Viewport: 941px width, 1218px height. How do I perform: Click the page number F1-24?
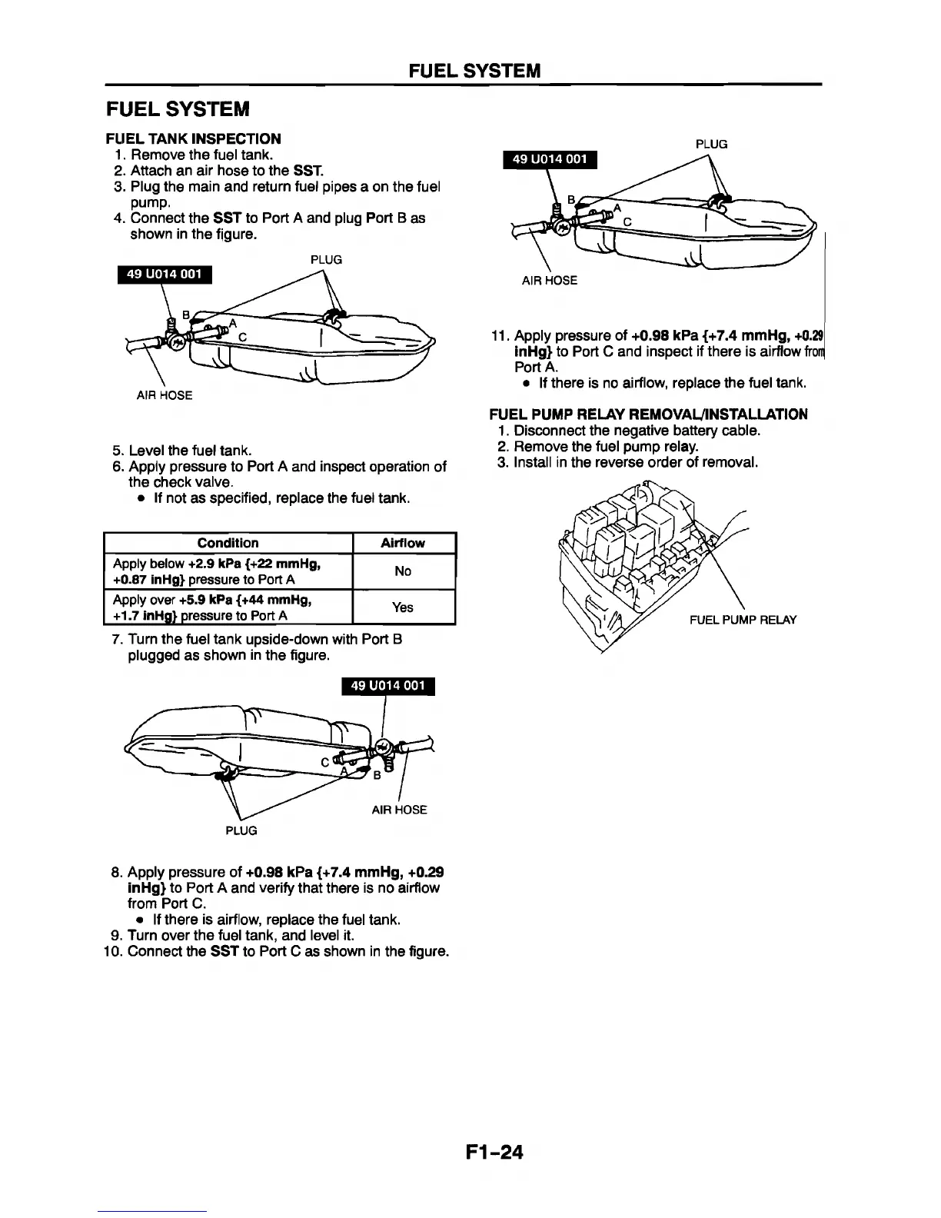click(x=494, y=1151)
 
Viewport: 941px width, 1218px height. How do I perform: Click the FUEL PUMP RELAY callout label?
click(x=743, y=620)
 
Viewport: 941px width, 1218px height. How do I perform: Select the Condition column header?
click(x=228, y=543)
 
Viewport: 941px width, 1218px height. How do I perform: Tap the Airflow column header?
click(x=403, y=543)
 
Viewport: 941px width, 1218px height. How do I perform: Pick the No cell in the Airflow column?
click(x=403, y=571)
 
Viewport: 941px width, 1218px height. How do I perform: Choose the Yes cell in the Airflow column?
click(x=403, y=607)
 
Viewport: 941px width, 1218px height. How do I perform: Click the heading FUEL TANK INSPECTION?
click(x=193, y=138)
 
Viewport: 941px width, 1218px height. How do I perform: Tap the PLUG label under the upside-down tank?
click(x=241, y=830)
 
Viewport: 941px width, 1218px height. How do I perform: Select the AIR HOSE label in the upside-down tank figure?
click(x=399, y=810)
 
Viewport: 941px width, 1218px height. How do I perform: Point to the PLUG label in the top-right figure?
click(x=711, y=144)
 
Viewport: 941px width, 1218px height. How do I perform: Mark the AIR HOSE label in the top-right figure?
click(x=549, y=281)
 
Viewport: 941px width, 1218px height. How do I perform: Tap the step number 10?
click(x=112, y=952)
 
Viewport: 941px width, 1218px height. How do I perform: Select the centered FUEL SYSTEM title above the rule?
click(x=474, y=72)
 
